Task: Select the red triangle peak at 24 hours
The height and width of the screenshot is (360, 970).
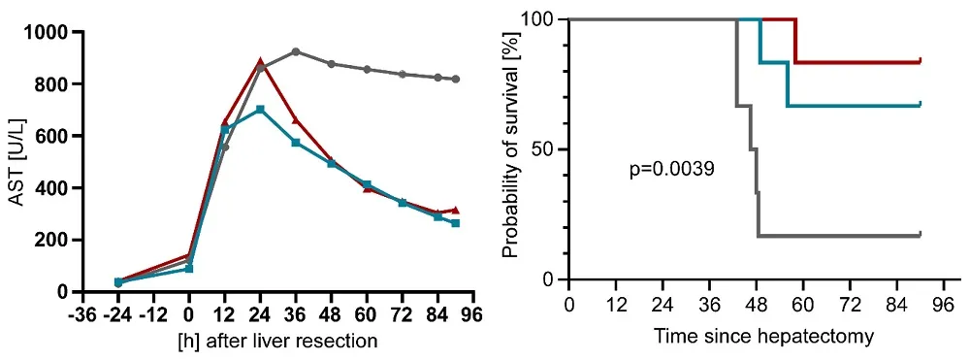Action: coord(260,62)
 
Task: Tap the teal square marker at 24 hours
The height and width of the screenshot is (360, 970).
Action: coord(260,110)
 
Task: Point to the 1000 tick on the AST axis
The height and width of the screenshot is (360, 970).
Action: coord(57,32)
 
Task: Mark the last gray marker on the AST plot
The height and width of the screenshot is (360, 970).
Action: coord(456,80)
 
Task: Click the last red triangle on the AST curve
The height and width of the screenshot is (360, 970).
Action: coord(456,210)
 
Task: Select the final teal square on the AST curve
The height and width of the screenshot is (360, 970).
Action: coord(456,223)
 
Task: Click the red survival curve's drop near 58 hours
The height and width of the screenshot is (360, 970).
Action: coord(795,41)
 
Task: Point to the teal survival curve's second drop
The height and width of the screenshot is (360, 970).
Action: coord(787,84)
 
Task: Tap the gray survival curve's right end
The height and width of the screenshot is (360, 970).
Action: coord(919,235)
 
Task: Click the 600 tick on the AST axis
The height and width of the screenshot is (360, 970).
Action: coord(61,136)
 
